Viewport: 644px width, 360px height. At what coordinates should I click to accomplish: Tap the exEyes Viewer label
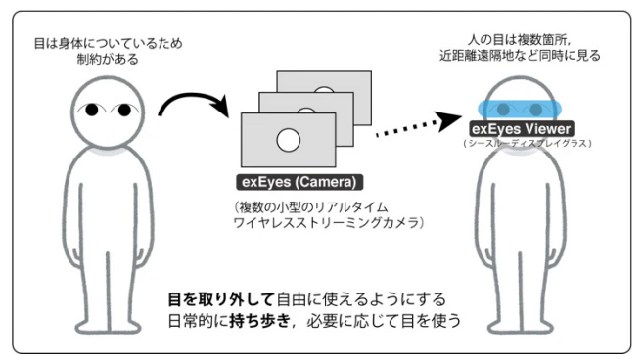tap(522, 129)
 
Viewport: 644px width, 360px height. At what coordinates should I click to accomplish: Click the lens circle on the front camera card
tap(288, 141)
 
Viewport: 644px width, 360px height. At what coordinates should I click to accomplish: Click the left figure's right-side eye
tap(126, 110)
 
